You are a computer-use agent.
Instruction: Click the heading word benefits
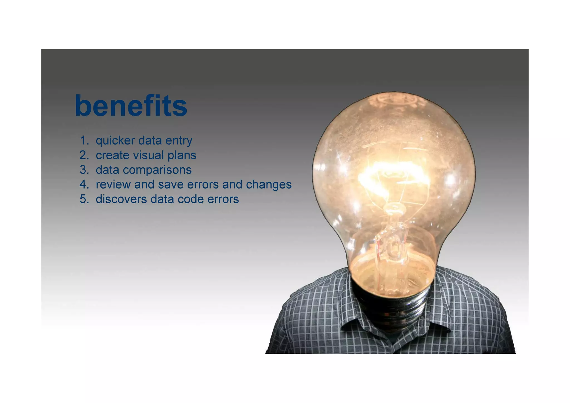131,106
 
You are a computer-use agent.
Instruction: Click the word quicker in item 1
115,141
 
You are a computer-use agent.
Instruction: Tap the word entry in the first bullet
179,141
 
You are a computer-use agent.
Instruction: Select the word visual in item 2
148,155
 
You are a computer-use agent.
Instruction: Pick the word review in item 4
113,184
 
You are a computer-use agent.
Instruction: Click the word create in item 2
112,155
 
